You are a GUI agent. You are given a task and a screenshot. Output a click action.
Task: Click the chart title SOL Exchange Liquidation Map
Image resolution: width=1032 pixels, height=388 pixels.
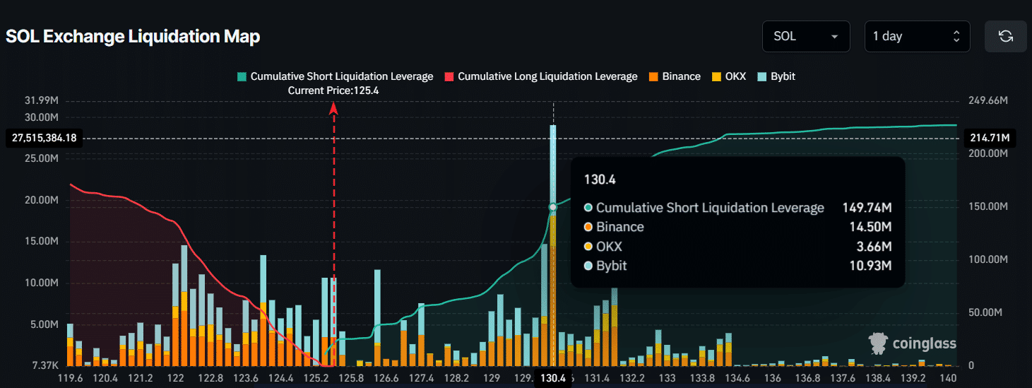pyautogui.click(x=133, y=37)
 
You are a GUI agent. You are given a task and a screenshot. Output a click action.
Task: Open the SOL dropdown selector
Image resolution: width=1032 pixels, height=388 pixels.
pyautogui.click(x=805, y=37)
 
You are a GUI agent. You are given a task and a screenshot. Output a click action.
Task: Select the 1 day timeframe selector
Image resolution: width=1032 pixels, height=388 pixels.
pyautogui.click(x=917, y=37)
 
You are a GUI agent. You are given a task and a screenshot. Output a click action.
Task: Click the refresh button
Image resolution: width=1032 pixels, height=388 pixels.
pyautogui.click(x=1006, y=37)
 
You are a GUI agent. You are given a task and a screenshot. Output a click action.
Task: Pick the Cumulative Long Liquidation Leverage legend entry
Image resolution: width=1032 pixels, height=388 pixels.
pyautogui.click(x=541, y=76)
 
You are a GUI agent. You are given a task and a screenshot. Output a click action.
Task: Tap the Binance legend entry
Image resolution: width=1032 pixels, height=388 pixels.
pyautogui.click(x=675, y=76)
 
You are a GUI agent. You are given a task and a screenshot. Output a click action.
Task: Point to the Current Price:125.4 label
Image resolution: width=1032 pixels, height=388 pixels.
pyautogui.click(x=333, y=90)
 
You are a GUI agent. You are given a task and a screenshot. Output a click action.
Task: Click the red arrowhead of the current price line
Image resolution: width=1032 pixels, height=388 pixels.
pyautogui.click(x=334, y=107)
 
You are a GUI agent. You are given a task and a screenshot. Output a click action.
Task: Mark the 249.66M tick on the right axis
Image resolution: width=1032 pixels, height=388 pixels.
pyautogui.click(x=987, y=101)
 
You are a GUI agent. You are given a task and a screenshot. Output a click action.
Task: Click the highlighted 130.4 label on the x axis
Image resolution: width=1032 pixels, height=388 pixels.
pyautogui.click(x=552, y=378)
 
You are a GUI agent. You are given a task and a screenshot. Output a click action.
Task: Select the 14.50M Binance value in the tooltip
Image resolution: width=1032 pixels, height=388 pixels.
pyautogui.click(x=867, y=227)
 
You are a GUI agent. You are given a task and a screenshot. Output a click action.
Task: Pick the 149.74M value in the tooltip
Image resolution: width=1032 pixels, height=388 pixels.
pyautogui.click(x=867, y=208)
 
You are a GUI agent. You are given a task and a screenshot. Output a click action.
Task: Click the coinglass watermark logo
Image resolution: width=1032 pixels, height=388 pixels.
pyautogui.click(x=912, y=343)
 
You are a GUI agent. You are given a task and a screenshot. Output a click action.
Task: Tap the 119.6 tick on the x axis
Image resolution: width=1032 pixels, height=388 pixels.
pyautogui.click(x=70, y=378)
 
